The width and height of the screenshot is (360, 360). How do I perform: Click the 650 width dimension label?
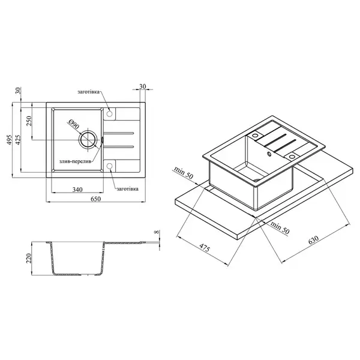point(95,199)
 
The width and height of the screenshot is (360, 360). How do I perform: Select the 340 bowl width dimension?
point(77,190)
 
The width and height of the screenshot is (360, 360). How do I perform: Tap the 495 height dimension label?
point(9,140)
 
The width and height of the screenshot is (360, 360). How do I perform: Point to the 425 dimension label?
point(19,140)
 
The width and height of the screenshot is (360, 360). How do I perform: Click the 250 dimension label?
point(29,121)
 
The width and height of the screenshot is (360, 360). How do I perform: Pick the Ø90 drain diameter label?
point(74,124)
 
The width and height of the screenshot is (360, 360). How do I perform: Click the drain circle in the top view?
point(88,140)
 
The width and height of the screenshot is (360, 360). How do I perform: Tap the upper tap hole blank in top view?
point(110,113)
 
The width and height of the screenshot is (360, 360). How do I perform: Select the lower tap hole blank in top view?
point(110,166)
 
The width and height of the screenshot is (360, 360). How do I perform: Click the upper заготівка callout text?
point(89,92)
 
